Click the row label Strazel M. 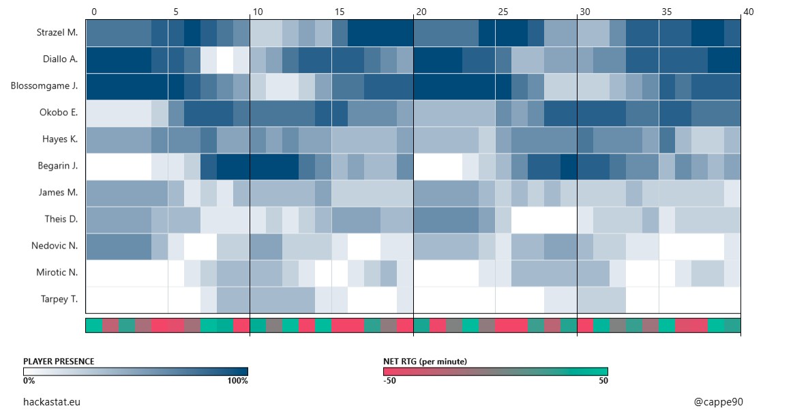coord(57,33)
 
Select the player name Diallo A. coord(59,59)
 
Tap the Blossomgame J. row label coord(44,86)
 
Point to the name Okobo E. coord(59,113)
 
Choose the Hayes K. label coord(60,139)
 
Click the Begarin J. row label coord(59,166)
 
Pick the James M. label coord(59,192)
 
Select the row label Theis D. coord(61,219)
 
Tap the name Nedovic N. coord(55,246)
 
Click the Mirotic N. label coord(57,272)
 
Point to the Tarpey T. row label coord(59,299)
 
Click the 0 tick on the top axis coord(94,12)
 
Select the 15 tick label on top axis coord(340,12)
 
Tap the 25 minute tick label coord(503,12)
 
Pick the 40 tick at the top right coord(748,12)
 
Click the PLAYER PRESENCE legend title coord(59,361)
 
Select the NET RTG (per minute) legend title coord(425,361)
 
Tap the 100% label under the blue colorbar coord(237,381)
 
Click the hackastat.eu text coord(52,402)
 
